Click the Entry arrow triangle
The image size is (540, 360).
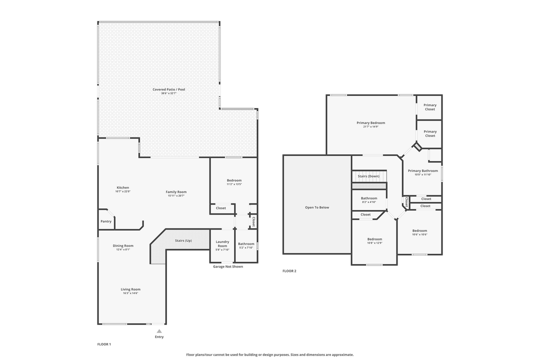click(159, 331)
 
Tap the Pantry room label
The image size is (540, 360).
click(106, 221)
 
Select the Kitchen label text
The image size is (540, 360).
click(122, 188)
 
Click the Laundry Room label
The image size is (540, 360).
click(222, 243)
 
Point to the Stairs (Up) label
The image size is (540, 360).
click(183, 240)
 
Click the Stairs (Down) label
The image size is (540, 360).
click(368, 176)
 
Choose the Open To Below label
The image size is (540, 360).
click(317, 207)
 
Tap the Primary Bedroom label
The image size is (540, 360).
click(370, 122)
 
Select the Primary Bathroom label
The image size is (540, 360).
click(422, 170)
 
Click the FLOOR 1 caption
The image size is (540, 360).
click(104, 344)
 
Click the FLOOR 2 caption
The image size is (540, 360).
click(289, 271)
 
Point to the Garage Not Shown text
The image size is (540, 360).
click(228, 266)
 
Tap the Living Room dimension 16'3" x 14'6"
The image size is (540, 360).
click(130, 293)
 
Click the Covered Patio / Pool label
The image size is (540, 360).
click(169, 89)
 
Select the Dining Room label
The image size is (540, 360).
click(123, 245)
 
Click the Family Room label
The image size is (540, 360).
click(176, 191)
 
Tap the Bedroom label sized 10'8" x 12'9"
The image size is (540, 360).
click(374, 239)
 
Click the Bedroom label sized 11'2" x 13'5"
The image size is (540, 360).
click(234, 180)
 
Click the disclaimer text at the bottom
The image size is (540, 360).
click(270, 354)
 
